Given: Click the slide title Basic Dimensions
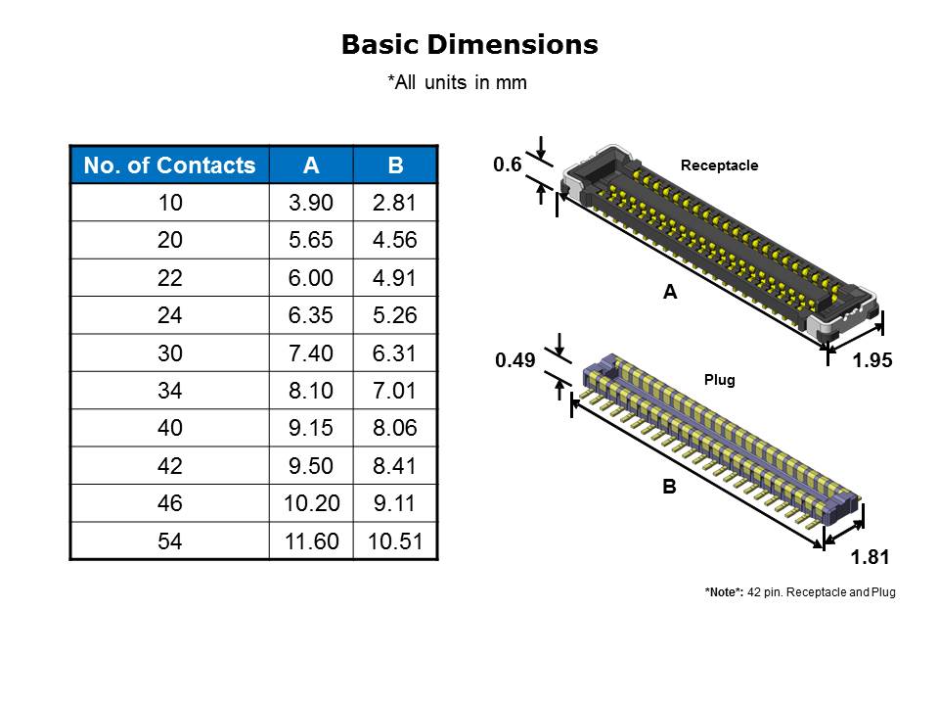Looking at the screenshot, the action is [x=469, y=44].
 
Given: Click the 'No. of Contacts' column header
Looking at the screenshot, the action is [x=169, y=164].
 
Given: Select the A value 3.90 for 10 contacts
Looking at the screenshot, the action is [x=310, y=203].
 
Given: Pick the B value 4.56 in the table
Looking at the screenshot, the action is [x=394, y=240].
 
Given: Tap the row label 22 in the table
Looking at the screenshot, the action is [x=169, y=277].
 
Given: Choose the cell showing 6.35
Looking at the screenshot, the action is [x=310, y=315].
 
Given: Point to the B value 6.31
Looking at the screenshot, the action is [x=394, y=353].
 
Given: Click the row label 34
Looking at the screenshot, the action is [x=169, y=391].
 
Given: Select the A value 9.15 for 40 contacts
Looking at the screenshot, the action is [x=310, y=428].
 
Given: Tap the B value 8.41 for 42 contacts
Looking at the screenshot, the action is [x=394, y=466].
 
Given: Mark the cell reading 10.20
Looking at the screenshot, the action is [x=311, y=503].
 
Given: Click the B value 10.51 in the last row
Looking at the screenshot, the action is [x=395, y=541].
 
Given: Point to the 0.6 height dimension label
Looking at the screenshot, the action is [x=508, y=164].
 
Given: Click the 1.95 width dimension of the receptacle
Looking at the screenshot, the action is [x=872, y=360].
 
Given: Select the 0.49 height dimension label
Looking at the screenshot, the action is [x=515, y=360].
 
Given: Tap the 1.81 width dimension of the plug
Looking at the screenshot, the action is [x=871, y=557].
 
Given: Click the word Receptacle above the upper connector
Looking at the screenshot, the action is [x=719, y=165].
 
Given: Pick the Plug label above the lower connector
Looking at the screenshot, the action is [x=719, y=380].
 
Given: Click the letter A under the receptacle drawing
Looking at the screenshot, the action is [x=670, y=292].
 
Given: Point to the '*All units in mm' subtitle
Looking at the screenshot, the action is [x=458, y=82].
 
